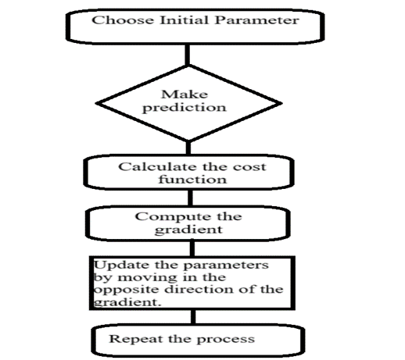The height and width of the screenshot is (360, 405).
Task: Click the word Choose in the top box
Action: click(114, 20)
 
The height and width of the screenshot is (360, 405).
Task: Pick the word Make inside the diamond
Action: click(187, 95)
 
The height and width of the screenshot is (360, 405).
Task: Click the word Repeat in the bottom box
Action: click(131, 338)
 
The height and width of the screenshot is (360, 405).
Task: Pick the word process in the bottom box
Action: click(230, 339)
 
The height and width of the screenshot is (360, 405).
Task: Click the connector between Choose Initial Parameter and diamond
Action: click(187, 55)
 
